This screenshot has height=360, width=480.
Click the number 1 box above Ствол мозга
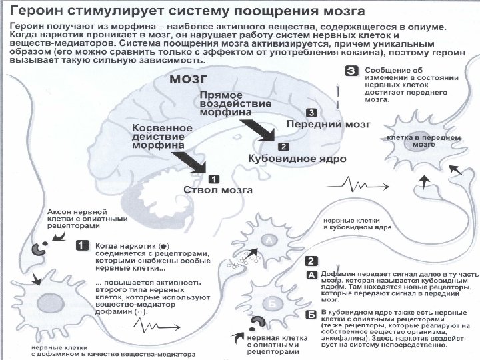213,178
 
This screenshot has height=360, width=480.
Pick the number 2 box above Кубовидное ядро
283,147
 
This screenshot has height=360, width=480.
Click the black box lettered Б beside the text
311,313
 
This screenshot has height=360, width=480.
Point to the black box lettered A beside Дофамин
311,275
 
